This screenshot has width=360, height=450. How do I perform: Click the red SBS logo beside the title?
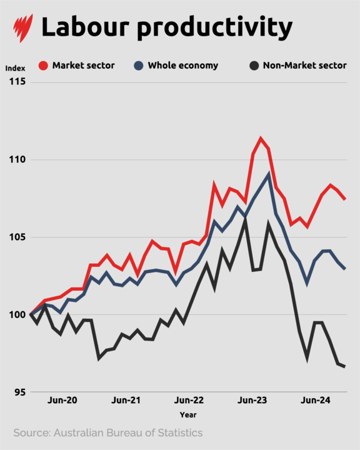tap(23, 28)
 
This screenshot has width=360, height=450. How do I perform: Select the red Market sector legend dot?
tap(43, 66)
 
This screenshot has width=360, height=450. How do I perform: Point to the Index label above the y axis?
tap(15, 67)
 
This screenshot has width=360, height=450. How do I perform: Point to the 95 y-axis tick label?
tap(19, 392)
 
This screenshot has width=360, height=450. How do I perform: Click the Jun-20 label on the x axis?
tap(63, 401)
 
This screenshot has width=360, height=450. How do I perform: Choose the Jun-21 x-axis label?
tap(127, 401)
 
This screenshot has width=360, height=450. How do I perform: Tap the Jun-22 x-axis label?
tap(189, 401)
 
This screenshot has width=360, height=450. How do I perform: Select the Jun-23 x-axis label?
tap(252, 401)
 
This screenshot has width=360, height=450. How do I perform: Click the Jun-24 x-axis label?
tap(316, 401)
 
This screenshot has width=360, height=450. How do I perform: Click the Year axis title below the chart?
tap(187, 414)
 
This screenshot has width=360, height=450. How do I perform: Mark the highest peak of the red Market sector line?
tap(261, 138)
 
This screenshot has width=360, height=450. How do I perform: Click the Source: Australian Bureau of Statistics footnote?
tap(107, 432)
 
